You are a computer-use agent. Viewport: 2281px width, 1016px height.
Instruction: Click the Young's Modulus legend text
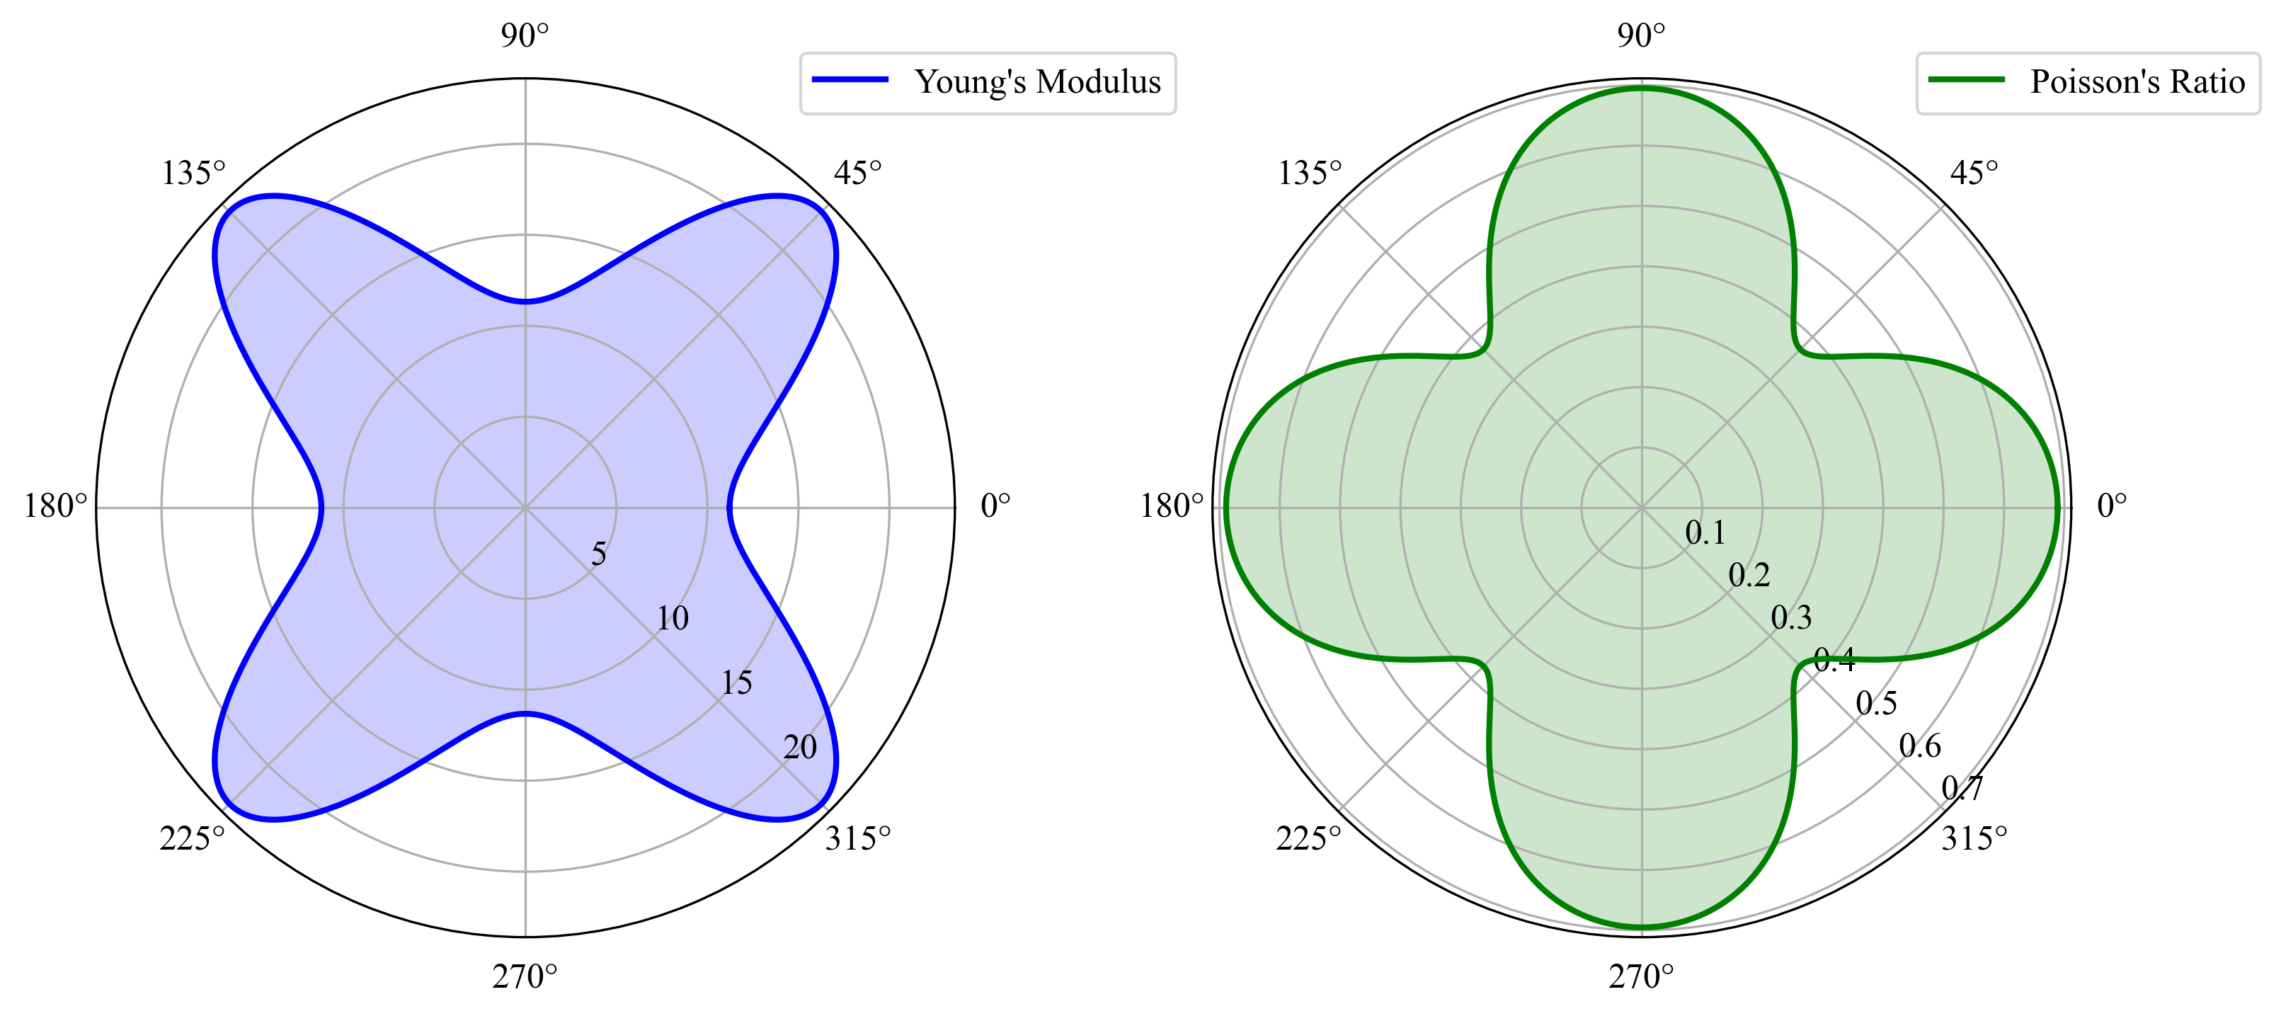(1037, 81)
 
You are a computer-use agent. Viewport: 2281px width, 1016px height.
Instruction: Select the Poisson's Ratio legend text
(2137, 81)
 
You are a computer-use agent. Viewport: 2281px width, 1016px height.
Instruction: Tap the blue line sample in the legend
(850, 80)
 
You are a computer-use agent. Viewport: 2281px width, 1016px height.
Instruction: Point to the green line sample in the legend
(1967, 80)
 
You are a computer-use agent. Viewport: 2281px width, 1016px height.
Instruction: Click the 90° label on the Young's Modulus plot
(525, 35)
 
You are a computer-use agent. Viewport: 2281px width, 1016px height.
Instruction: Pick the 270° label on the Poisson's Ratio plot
(1641, 976)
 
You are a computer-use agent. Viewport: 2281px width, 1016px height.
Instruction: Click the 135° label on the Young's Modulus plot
(193, 173)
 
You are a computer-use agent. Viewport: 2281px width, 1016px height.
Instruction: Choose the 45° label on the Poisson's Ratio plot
(1974, 173)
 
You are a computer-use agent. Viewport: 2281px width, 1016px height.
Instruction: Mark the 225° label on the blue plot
(192, 838)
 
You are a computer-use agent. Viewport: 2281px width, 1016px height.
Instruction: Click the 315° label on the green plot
(1974, 838)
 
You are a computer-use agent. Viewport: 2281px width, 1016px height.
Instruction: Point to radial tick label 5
(600, 554)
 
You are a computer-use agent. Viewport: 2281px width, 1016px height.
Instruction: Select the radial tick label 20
(799, 748)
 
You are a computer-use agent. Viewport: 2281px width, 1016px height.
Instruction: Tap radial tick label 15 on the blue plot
(736, 683)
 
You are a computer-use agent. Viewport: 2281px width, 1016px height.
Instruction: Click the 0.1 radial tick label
(1705, 532)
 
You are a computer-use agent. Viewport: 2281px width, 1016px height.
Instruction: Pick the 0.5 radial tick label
(1876, 703)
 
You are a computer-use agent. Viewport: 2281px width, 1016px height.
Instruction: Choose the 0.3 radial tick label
(1791, 617)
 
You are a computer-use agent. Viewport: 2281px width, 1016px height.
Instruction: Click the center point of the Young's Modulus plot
(526, 508)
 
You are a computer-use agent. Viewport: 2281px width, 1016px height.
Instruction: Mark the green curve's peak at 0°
(2059, 508)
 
